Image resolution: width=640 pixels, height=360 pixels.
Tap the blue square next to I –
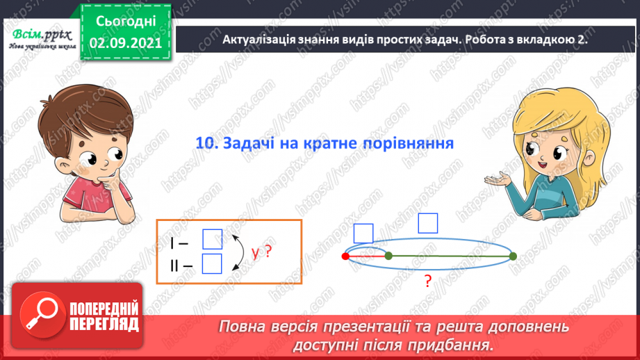212,239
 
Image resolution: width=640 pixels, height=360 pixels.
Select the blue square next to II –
212,264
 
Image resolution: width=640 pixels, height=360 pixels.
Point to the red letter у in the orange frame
256,253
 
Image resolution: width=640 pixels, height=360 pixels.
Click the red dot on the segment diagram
346,256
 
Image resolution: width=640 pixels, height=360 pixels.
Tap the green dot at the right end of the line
513,256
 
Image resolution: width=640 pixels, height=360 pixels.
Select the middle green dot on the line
388,256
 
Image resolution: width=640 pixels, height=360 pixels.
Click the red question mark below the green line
428,281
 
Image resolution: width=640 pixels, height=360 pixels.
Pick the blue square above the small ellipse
363,234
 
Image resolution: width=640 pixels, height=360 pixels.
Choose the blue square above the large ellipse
428,223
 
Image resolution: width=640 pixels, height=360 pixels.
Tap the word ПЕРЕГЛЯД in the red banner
104,323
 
